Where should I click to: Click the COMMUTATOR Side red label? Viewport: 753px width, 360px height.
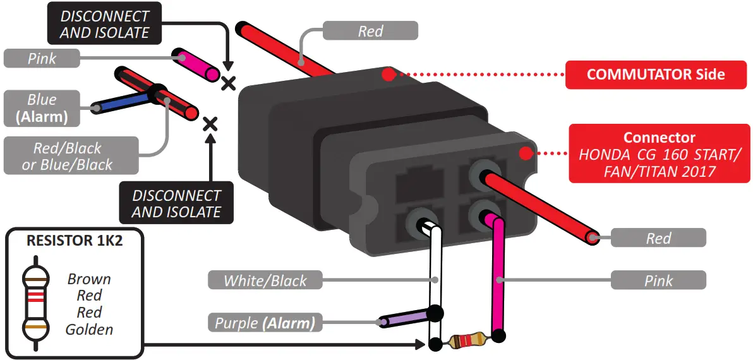click(655, 75)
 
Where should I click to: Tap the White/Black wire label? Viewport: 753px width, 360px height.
click(265, 280)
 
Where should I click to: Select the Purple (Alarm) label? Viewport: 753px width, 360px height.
click(265, 323)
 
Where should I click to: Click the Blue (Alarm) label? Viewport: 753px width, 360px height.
click(42, 108)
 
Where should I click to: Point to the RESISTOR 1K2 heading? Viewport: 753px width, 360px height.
click(73, 241)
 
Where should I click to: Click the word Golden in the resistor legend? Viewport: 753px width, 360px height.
click(89, 329)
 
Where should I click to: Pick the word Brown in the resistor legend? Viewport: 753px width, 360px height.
click(89, 279)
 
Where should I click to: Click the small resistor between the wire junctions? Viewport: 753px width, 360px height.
click(466, 342)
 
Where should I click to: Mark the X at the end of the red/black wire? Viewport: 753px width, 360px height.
click(209, 124)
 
